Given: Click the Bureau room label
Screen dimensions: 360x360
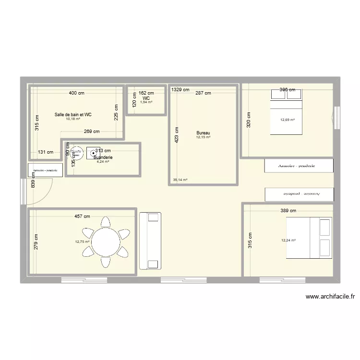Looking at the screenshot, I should pos(203,133).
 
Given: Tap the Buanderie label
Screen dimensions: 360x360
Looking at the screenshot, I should pos(103,157).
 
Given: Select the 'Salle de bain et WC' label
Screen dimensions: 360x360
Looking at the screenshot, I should pos(73,115).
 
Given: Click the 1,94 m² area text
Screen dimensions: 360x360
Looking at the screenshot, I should pos(146,102).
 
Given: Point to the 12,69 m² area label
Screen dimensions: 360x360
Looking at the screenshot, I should pos(288,120).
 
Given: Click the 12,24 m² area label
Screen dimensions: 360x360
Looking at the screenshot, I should pos(288,240).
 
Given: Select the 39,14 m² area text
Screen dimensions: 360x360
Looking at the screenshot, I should pos(180,180).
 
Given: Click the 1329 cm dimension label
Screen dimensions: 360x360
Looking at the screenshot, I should pos(180,90).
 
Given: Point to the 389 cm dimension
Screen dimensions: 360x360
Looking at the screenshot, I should pos(288,210).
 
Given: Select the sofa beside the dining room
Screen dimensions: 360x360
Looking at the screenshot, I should pos(150,240).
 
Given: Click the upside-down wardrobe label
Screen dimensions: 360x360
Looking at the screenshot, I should pos(299,194).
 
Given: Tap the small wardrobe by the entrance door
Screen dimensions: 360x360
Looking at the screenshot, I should pos(46,170).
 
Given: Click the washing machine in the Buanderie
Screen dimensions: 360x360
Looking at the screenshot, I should pos(93,153).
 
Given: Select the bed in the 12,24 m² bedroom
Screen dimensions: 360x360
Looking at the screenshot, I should pos(309,238).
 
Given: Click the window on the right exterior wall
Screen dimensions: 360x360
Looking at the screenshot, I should pos(336,118).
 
